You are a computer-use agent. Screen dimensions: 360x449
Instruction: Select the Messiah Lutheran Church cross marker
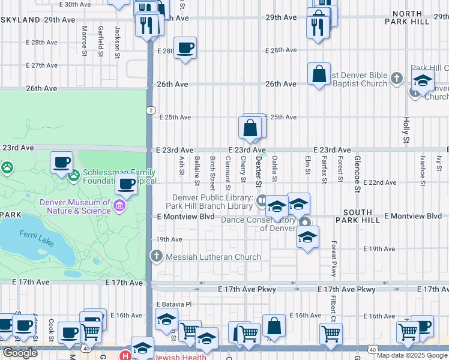tap(156, 257)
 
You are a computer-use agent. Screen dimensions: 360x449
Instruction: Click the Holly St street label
tap(406, 130)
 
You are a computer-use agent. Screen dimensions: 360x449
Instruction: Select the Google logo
tap(20, 353)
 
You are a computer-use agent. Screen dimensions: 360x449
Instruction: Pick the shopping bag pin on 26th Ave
tap(319, 74)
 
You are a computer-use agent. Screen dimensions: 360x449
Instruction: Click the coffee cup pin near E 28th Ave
tap(185, 48)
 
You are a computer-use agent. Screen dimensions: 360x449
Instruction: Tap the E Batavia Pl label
tap(171, 304)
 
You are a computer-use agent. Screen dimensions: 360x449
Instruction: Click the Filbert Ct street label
tap(330, 308)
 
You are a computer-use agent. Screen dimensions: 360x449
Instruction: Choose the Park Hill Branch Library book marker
tap(261, 200)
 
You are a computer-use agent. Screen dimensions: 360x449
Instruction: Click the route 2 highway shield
tap(149, 110)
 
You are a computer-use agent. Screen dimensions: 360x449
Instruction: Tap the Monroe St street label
tap(85, 40)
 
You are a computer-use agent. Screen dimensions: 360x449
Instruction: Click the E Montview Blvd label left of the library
tap(186, 216)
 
